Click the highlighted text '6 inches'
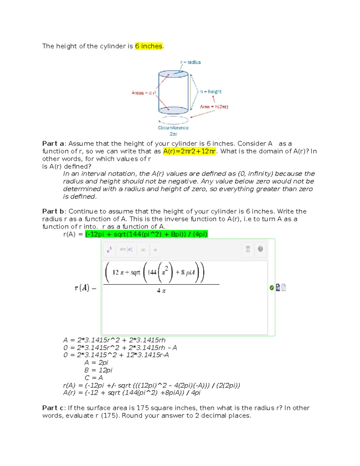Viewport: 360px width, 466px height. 148,46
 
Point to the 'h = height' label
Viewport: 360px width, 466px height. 211,92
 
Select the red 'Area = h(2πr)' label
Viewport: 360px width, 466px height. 214,107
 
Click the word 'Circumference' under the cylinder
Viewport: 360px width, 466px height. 173,128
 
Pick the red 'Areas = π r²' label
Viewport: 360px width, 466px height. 144,93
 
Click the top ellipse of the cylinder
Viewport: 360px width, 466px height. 173,74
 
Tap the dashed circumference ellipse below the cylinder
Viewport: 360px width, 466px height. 173,120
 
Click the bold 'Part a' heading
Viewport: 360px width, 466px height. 53,144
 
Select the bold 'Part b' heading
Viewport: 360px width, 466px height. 53,212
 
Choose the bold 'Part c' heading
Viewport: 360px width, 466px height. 53,408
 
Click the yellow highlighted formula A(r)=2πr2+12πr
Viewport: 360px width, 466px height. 189,151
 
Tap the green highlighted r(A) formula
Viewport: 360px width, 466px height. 146,234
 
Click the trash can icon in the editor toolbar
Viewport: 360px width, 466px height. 248,249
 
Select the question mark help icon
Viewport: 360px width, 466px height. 260,249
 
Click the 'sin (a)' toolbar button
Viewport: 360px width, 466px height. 126,249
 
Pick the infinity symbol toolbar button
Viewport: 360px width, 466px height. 143,250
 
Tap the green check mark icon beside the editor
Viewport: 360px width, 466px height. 271,288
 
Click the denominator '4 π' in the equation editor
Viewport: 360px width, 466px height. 161,291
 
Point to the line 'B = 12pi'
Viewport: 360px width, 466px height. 98,370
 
